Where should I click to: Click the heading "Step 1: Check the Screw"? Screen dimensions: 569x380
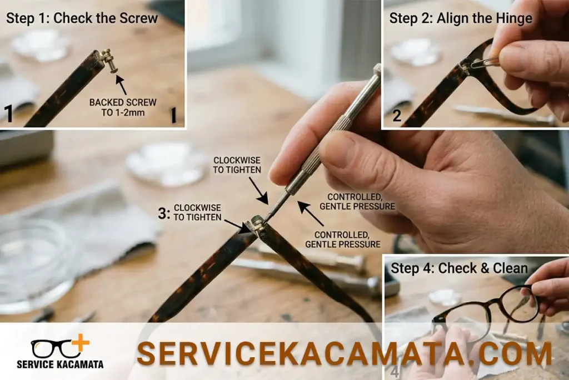[82, 18]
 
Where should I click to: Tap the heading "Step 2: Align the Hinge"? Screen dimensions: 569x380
[461, 18]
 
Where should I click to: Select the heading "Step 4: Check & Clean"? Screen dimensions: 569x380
[459, 268]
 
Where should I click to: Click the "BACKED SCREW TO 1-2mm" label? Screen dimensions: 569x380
[123, 107]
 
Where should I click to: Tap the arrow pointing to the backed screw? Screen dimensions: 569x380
[122, 85]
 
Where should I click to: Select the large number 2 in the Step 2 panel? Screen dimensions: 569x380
[397, 116]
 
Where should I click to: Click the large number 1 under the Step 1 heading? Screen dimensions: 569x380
[8, 113]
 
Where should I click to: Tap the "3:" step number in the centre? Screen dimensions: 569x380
[164, 213]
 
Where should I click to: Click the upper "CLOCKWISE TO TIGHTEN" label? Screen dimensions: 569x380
[237, 165]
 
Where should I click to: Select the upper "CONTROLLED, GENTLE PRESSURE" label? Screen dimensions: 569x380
[357, 201]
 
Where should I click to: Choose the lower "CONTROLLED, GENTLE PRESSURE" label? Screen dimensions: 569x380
[342, 240]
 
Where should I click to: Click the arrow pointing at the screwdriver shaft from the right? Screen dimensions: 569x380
[311, 214]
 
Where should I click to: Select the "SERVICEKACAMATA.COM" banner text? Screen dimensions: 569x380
[345, 353]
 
